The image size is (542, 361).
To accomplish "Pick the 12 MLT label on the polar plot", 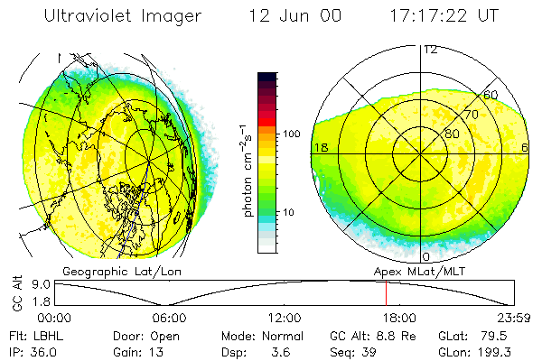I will click(431, 50).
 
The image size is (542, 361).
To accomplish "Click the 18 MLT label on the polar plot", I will click(320, 147).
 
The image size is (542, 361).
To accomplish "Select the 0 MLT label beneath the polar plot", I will click(426, 257).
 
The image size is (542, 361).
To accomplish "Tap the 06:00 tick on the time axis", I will click(169, 318).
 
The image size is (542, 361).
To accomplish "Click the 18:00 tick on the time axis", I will click(400, 318).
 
